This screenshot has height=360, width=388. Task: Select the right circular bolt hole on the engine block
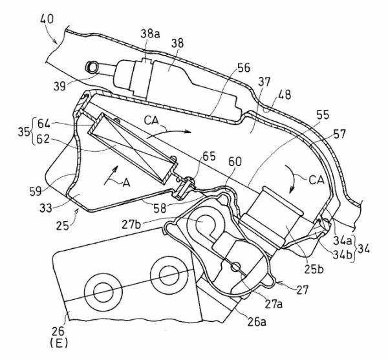[x=162, y=273]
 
